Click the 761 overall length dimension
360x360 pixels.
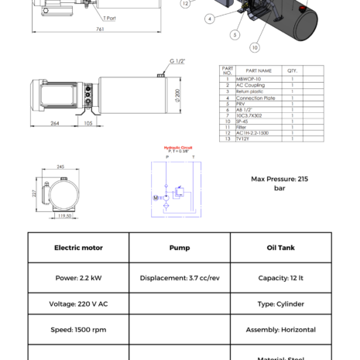[x=100, y=29]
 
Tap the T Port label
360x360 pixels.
[x=110, y=17]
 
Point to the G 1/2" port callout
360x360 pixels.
[x=177, y=61]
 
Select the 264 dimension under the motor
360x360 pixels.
[x=55, y=123]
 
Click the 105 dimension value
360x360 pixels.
[x=87, y=123]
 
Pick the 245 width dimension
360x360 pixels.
[x=60, y=166]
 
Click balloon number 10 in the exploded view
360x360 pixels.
[x=255, y=48]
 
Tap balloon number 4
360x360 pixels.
[x=210, y=19]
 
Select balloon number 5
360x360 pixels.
[x=235, y=35]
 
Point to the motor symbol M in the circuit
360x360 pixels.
[x=156, y=197]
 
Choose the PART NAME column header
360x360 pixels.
[x=259, y=70]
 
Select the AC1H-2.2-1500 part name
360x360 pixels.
[x=254, y=132]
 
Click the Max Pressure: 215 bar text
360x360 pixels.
[x=279, y=183]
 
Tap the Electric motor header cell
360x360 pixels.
[x=78, y=248]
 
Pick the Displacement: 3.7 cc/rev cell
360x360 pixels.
[x=179, y=278]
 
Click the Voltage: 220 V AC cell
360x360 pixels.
[x=78, y=303]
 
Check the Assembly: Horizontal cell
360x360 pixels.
[x=280, y=329]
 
